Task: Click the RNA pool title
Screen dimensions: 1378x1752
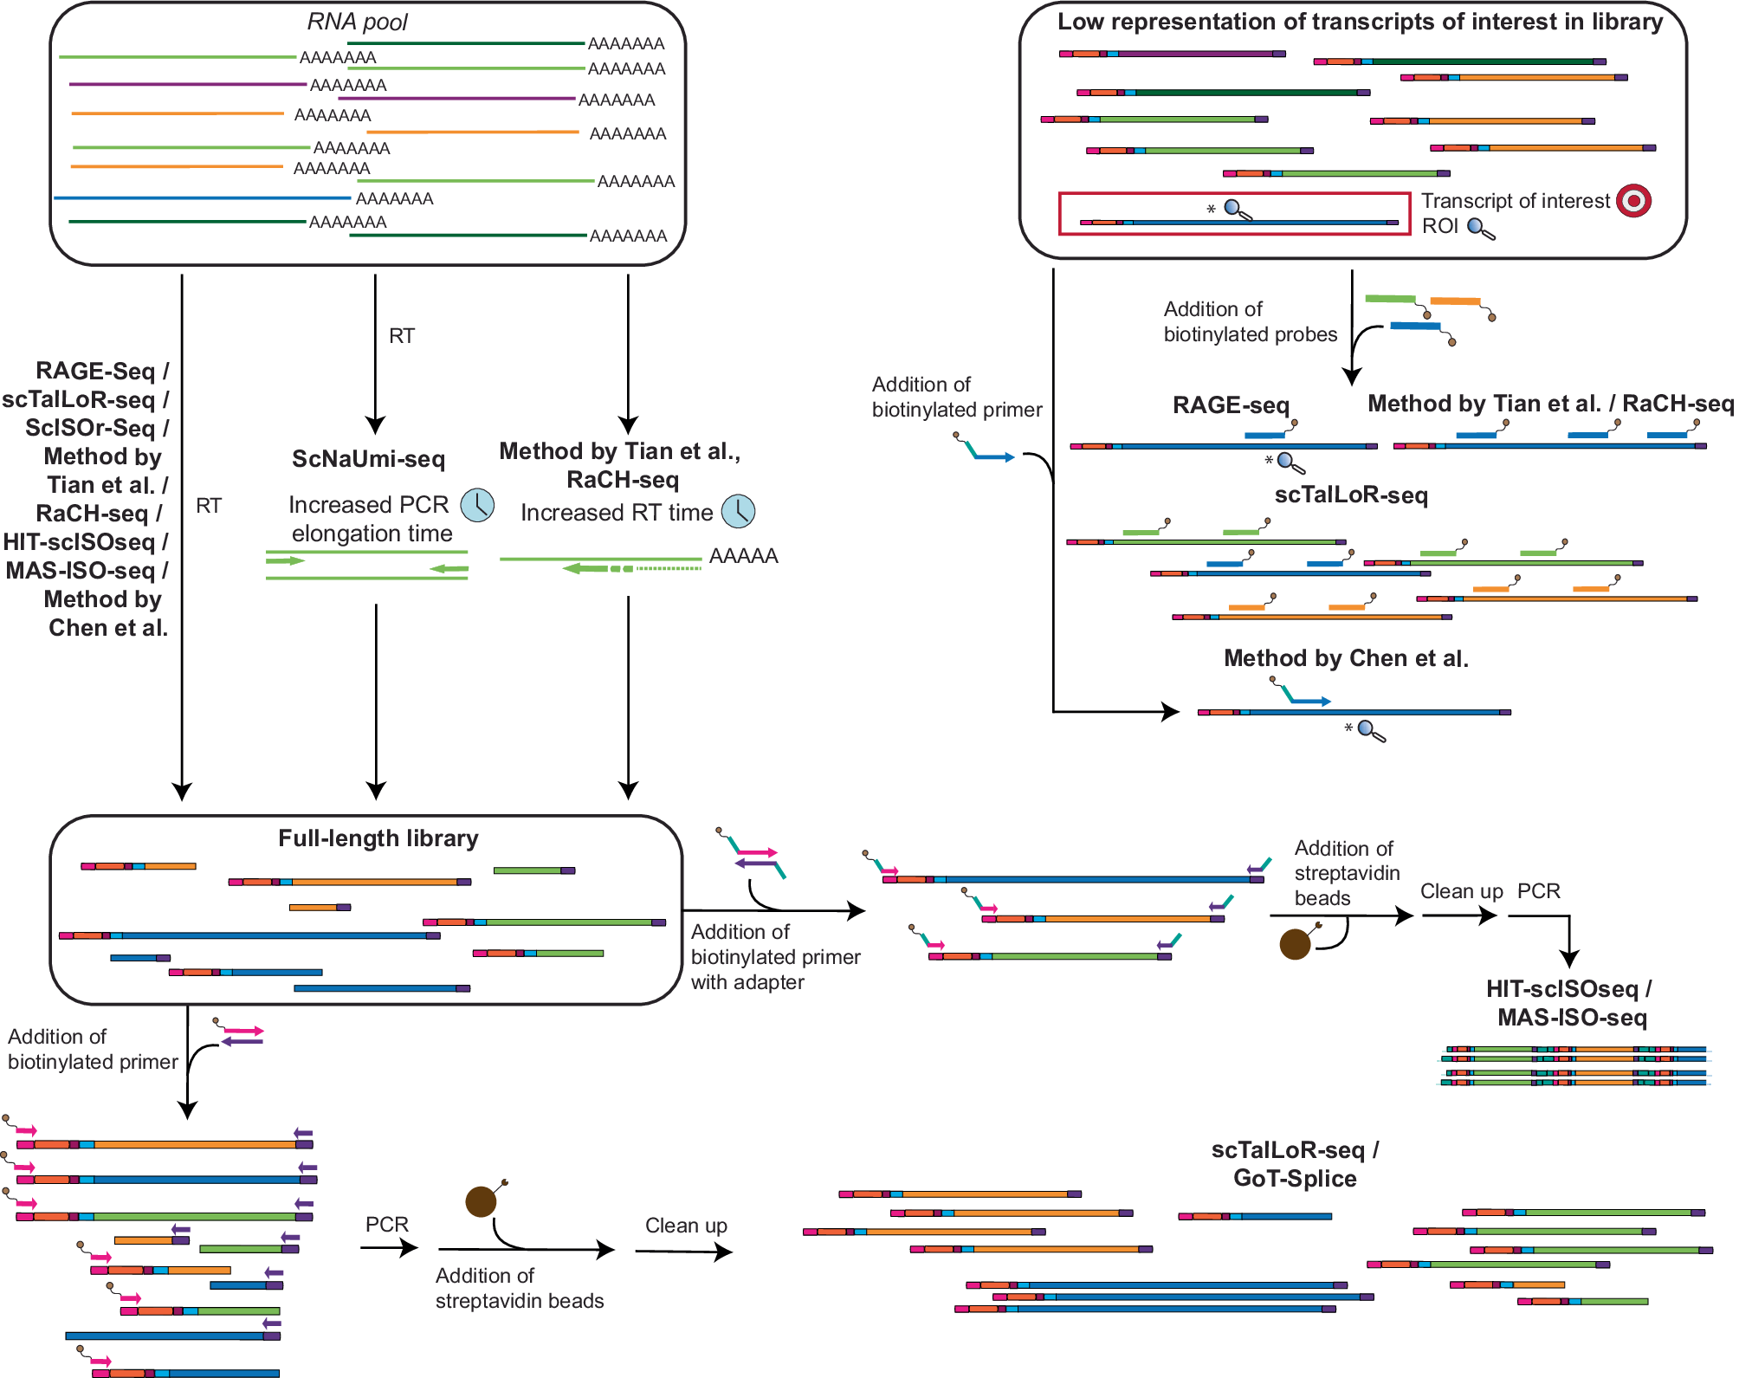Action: pos(357,22)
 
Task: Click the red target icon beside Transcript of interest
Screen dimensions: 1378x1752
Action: pos(1633,201)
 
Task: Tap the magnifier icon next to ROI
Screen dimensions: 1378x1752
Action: pos(1480,229)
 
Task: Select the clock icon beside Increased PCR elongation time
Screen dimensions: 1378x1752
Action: pos(477,505)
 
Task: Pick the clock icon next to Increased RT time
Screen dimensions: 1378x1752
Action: pos(739,512)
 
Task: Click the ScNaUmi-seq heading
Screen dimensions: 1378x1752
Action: pos(368,459)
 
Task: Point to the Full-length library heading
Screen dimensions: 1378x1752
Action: pos(378,838)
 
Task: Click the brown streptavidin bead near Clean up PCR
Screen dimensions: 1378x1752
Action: pos(1295,944)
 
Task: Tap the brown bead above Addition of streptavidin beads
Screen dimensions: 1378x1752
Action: pos(481,1201)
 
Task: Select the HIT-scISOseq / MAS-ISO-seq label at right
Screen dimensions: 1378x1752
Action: pos(1569,1003)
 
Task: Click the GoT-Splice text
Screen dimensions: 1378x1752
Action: pos(1295,1179)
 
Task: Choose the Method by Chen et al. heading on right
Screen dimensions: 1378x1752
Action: pos(1345,658)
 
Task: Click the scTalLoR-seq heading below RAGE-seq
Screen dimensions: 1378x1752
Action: pos(1350,495)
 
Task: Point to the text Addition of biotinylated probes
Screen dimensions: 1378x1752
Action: pos(1249,321)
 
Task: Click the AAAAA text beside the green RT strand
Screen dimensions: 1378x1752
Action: pos(743,556)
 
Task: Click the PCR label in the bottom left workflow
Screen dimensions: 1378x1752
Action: pos(386,1225)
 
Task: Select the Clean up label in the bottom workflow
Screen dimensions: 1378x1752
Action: pos(685,1226)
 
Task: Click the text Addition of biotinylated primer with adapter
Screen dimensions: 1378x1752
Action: pos(774,957)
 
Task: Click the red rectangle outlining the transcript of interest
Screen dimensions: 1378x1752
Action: pos(1233,194)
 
